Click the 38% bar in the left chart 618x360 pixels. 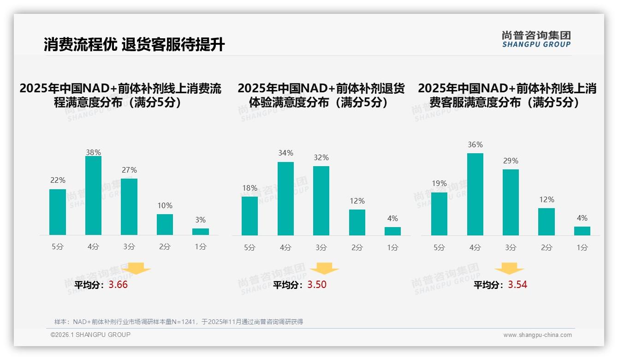click(93, 196)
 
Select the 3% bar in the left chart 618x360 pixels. click(201, 232)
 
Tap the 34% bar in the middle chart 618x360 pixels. click(285, 198)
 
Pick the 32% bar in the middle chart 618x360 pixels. click(321, 201)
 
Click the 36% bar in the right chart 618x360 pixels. click(475, 194)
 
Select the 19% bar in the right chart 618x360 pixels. click(439, 214)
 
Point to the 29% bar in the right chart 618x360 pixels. click(511, 202)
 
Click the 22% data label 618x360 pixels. click(58, 180)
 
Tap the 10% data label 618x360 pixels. click(165, 205)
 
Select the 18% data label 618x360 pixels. click(250, 188)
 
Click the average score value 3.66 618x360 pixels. click(118, 285)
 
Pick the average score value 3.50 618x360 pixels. click(317, 285)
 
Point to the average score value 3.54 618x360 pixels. click(517, 285)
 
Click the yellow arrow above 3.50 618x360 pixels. click(324, 269)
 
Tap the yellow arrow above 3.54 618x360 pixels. click(509, 269)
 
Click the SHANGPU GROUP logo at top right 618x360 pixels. click(536, 39)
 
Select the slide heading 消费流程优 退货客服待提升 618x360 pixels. click(134, 45)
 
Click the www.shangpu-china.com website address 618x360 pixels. click(537, 335)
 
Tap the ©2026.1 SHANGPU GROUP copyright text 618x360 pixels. click(90, 335)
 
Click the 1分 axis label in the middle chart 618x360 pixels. click(392, 247)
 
